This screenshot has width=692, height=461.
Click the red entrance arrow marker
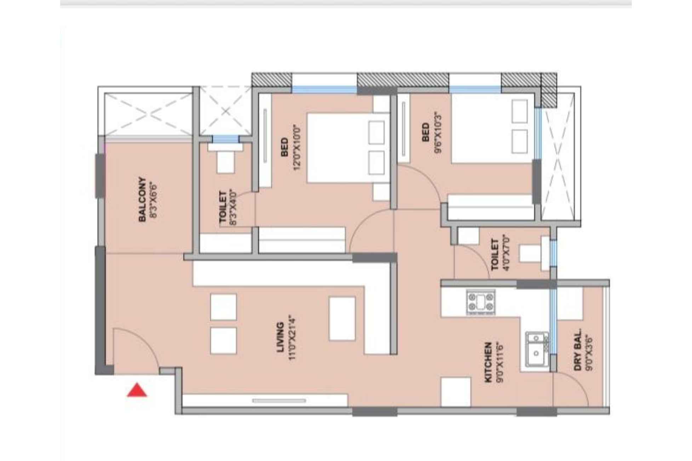[x=137, y=390]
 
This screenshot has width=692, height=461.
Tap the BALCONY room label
[x=142, y=200]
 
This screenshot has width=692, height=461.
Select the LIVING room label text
[x=280, y=337]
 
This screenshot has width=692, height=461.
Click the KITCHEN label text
[x=488, y=362]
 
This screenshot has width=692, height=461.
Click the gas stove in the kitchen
[x=480, y=302]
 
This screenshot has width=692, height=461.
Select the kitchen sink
[x=537, y=349]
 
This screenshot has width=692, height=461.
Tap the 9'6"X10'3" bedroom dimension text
[x=438, y=133]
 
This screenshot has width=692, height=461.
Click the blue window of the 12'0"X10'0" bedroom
[x=324, y=89]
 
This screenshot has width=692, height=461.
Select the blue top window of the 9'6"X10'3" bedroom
[x=475, y=89]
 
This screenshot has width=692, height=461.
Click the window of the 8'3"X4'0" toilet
[x=225, y=139]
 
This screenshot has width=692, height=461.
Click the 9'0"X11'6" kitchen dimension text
[x=500, y=362]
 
